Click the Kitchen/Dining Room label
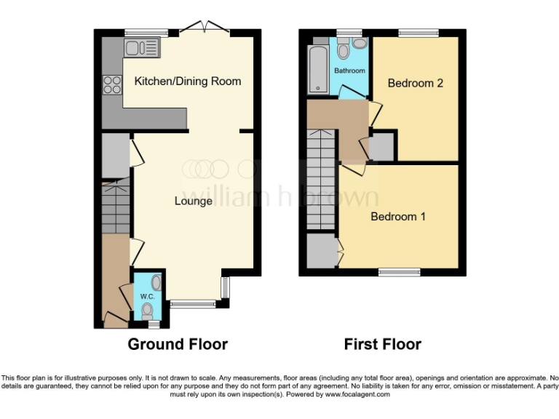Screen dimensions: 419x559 (187, 81)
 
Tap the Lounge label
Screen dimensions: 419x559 (193, 201)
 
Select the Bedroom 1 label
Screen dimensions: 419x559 (398, 217)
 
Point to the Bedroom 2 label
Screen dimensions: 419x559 (415, 83)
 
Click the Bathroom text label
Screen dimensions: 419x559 (349, 71)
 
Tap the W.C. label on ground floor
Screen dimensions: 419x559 (146, 296)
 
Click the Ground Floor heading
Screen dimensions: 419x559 (178, 344)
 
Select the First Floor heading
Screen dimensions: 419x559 (383, 344)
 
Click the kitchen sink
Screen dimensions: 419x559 (141, 49)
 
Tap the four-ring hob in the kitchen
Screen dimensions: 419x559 (112, 85)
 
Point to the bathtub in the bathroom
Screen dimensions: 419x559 (318, 70)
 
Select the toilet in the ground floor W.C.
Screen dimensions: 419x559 (147, 311)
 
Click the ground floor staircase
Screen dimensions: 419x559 (116, 207)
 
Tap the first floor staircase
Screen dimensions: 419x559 (320, 179)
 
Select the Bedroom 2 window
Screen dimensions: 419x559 (418, 33)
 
